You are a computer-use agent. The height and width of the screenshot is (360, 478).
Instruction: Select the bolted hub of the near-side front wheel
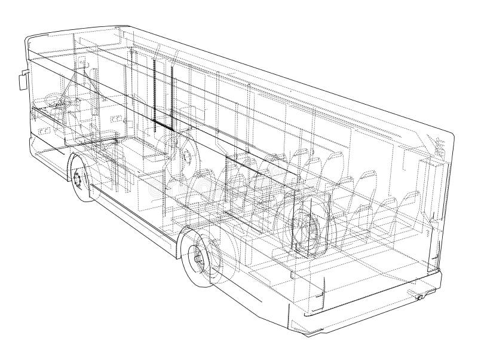click(x=77, y=178)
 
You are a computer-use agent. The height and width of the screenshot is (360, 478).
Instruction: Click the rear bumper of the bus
click(x=370, y=305)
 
